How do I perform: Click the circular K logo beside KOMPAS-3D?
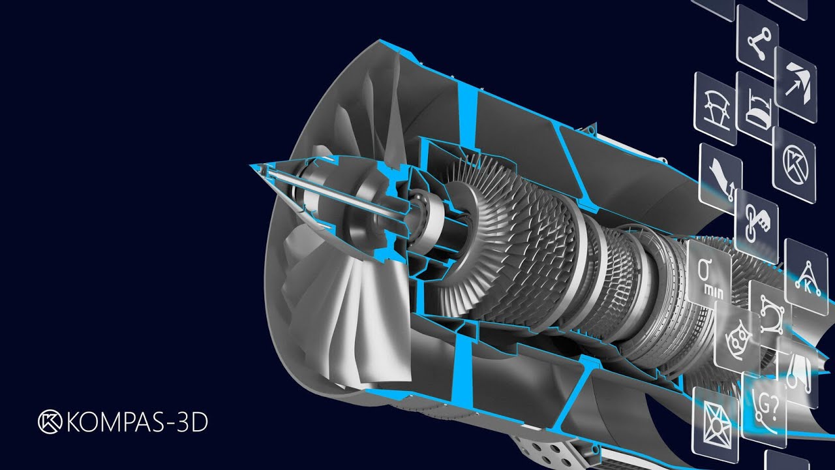pyautogui.click(x=50, y=422)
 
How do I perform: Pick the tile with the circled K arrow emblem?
pyautogui.click(x=795, y=165)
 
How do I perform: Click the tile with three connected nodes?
pyautogui.click(x=758, y=41)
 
